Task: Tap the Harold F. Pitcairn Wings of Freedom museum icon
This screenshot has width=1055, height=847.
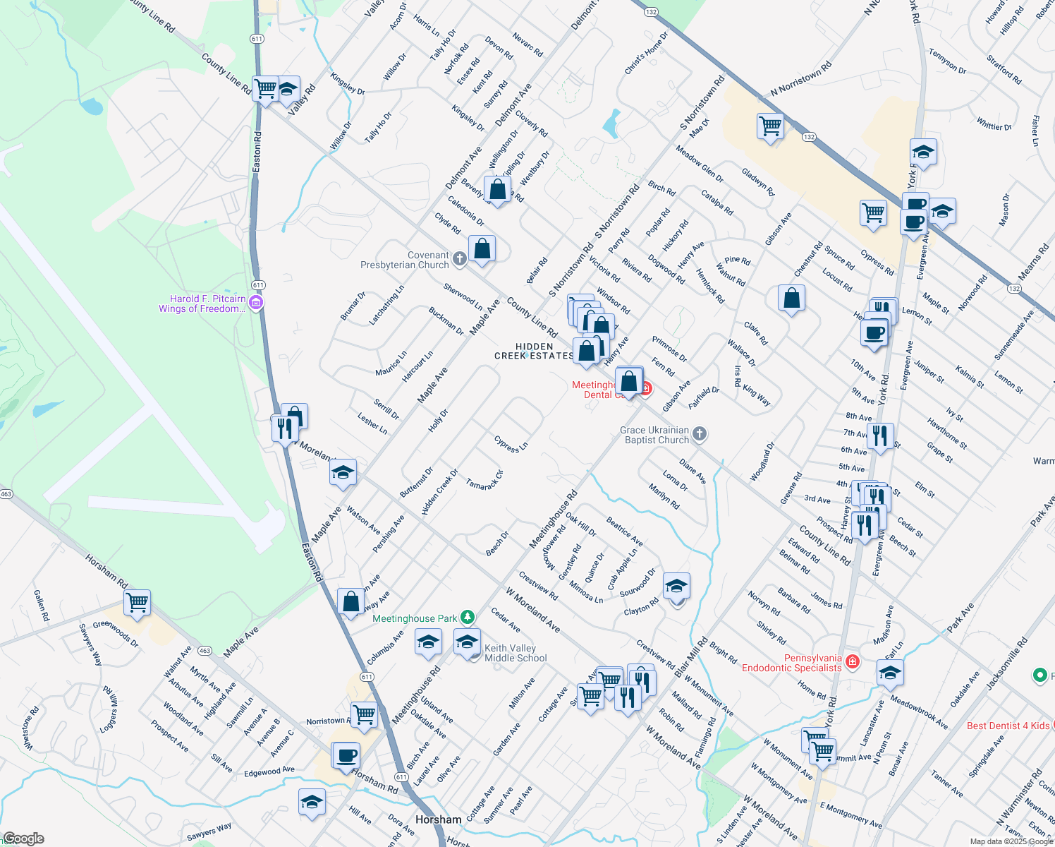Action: [x=256, y=304]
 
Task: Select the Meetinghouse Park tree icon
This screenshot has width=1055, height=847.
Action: [x=467, y=618]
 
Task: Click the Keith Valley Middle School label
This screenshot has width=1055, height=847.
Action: [x=516, y=653]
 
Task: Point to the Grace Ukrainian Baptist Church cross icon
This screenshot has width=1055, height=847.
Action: [x=699, y=434]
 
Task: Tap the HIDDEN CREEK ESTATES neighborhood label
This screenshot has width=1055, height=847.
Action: [x=534, y=351]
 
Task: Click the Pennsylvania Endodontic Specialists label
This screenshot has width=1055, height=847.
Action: [x=792, y=663]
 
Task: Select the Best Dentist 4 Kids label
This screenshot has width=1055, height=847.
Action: [x=1008, y=726]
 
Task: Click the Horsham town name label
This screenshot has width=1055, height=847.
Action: [x=438, y=819]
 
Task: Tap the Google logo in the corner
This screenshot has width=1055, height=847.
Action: [x=23, y=839]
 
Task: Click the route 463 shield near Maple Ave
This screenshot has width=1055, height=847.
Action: [x=205, y=651]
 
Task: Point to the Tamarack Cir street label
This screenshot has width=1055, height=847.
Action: [x=484, y=480]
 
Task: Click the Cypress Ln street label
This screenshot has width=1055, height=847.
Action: [x=511, y=445]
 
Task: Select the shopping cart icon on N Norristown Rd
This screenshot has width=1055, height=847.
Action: [x=770, y=126]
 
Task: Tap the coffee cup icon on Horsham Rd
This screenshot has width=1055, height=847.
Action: [x=346, y=755]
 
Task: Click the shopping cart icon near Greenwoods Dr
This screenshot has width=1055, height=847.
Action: [x=137, y=602]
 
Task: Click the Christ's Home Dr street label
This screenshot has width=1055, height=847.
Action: [x=646, y=54]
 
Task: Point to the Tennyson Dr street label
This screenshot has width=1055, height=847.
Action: [x=947, y=61]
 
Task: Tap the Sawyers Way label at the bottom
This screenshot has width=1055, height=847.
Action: [x=209, y=831]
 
